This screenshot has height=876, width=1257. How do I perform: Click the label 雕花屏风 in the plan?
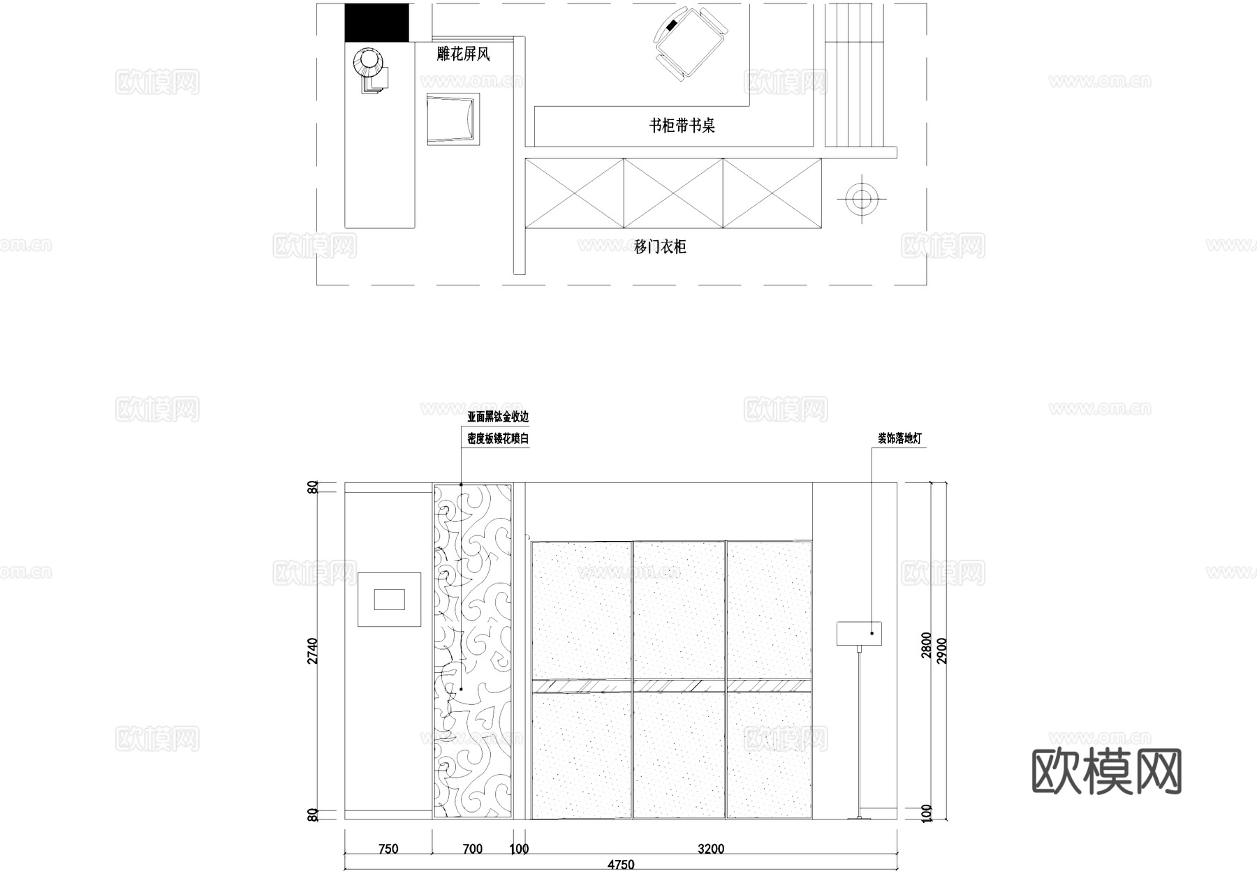pyautogui.click(x=463, y=54)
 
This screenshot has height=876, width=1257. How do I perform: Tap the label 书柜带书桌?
pyautogui.click(x=682, y=126)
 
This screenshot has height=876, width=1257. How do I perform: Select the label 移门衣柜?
pyautogui.click(x=660, y=246)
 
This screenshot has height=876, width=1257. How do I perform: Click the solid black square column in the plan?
pyautogui.click(x=377, y=22)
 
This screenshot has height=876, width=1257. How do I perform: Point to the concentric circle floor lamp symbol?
pyautogui.click(x=862, y=200)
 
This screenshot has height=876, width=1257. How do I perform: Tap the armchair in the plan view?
pyautogui.click(x=453, y=119)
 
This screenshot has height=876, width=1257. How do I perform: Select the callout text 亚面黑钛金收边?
pyautogui.click(x=498, y=417)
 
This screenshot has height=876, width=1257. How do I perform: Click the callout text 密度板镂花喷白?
pyautogui.click(x=498, y=439)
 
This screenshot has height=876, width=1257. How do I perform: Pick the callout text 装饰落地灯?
pyautogui.click(x=899, y=439)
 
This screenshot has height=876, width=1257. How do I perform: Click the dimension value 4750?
pyautogui.click(x=620, y=865)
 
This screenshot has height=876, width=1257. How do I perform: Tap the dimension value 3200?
pyautogui.click(x=711, y=849)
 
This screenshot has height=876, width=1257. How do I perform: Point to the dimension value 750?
pyautogui.click(x=388, y=849)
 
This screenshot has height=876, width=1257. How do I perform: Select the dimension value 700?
pyautogui.click(x=473, y=849)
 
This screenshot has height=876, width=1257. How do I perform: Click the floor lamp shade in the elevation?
pyautogui.click(x=859, y=633)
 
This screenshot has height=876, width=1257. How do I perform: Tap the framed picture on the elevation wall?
pyautogui.click(x=390, y=600)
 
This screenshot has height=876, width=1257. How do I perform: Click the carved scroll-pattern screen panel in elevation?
pyautogui.click(x=473, y=651)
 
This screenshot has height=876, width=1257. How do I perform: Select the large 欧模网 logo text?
pyautogui.click(x=1106, y=772)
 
